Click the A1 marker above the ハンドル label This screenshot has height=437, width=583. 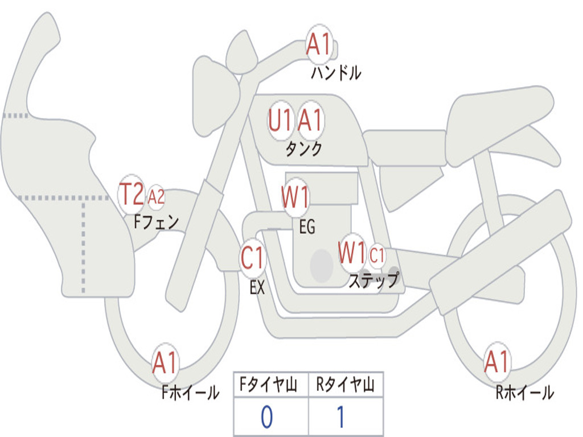[x=319, y=44]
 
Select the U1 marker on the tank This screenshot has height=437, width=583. [x=281, y=121]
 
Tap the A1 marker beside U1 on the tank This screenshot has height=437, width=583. [x=310, y=121]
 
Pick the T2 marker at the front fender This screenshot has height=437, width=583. [x=132, y=195]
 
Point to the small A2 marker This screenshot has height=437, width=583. [x=156, y=197]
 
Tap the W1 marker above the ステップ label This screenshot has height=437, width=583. [x=352, y=253]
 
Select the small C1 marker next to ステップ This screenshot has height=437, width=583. [x=377, y=255]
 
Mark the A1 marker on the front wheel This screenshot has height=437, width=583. [x=165, y=362]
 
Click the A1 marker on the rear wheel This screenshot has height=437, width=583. [x=496, y=361]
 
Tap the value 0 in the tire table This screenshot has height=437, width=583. [x=267, y=418]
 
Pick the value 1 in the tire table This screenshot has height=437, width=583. [x=340, y=418]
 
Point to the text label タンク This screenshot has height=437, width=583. [x=304, y=149]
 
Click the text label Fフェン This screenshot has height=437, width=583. [x=156, y=221]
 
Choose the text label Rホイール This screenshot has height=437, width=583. [x=524, y=392]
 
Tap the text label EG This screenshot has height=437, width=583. [x=307, y=227]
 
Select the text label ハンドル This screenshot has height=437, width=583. [x=336, y=73]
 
